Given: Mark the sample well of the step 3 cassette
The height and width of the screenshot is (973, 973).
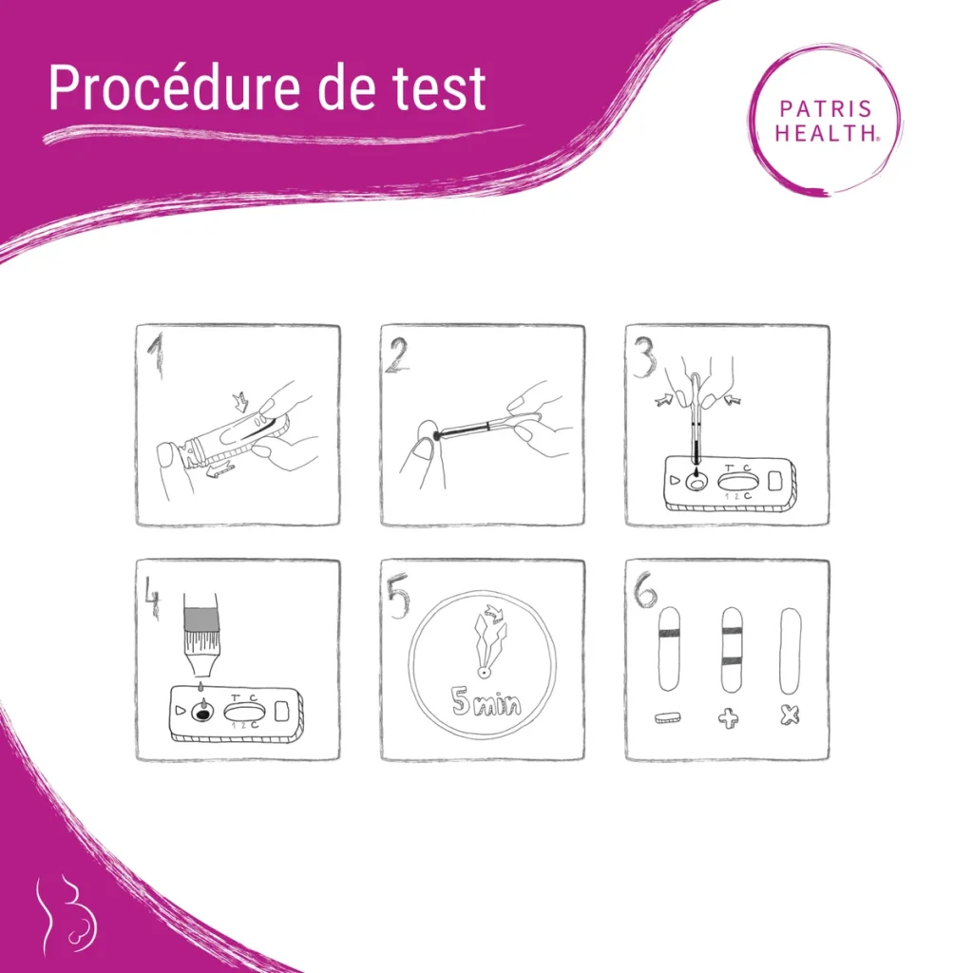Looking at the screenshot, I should [697, 483].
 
